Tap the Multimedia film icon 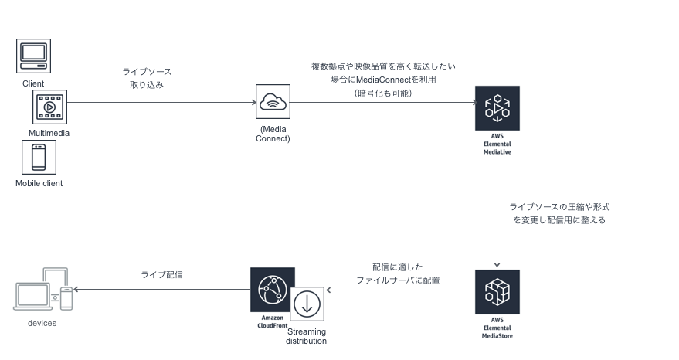49,107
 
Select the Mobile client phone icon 39,157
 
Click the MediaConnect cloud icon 273,102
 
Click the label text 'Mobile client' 39,183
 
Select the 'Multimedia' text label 49,133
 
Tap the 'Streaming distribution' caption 307,336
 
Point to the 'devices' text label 42,323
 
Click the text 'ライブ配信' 161,274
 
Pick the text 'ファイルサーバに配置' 398,280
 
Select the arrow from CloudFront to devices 162,290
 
